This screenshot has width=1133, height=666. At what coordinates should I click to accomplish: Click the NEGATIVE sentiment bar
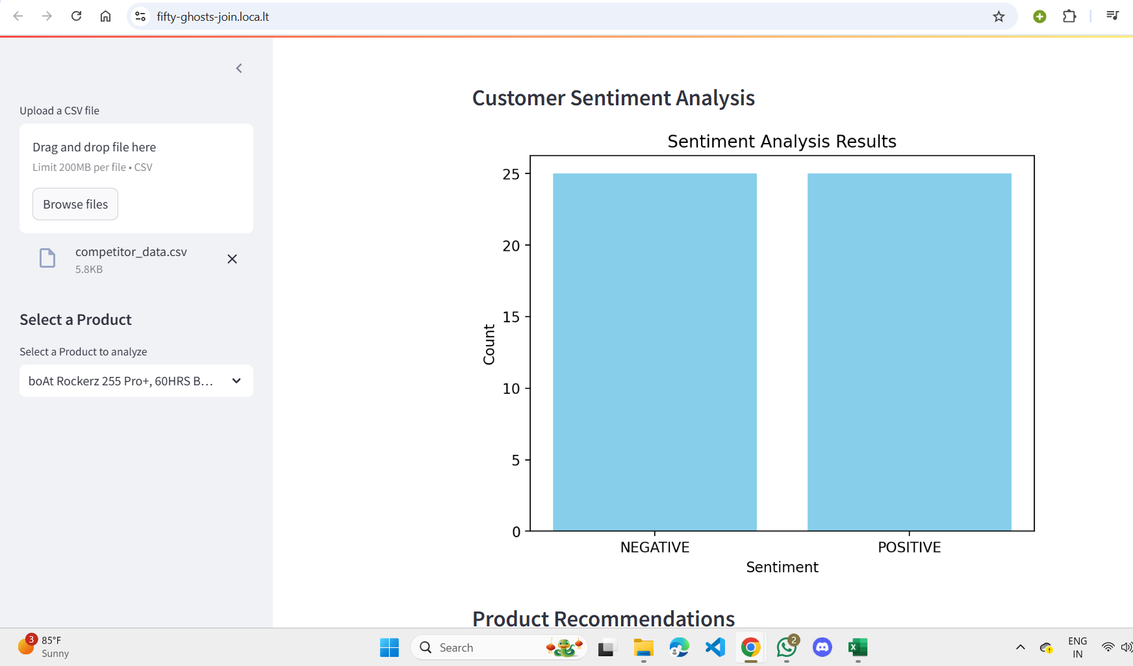(x=655, y=352)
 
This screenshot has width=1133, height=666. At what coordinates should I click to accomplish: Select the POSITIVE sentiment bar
(x=910, y=352)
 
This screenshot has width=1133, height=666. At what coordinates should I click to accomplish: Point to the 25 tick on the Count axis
(x=511, y=174)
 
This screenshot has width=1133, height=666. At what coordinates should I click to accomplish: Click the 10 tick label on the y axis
(x=511, y=389)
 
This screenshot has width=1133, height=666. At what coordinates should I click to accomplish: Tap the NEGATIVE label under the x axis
(x=655, y=547)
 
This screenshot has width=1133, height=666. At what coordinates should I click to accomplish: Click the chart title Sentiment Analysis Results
(x=782, y=141)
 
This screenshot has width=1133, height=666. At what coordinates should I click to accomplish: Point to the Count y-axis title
(x=489, y=344)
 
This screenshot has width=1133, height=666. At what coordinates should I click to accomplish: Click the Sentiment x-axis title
(x=782, y=567)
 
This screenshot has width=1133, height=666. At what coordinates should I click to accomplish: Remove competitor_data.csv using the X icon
(x=232, y=259)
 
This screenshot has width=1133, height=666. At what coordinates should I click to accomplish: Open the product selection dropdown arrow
(x=236, y=381)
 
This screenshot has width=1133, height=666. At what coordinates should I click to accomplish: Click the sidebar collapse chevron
(x=239, y=68)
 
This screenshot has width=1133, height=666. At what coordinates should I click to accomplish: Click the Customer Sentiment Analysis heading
(x=613, y=98)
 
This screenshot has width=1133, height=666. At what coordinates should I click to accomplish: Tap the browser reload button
(x=76, y=16)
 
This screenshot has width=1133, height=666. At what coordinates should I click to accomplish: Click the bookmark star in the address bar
(x=999, y=16)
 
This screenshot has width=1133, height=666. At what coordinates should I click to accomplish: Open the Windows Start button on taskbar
(x=389, y=647)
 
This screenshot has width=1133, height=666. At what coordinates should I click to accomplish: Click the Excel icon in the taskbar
(x=858, y=647)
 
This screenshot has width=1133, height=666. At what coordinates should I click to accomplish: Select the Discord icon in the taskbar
(x=822, y=647)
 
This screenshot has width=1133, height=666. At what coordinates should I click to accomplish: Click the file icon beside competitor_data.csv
(x=47, y=258)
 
